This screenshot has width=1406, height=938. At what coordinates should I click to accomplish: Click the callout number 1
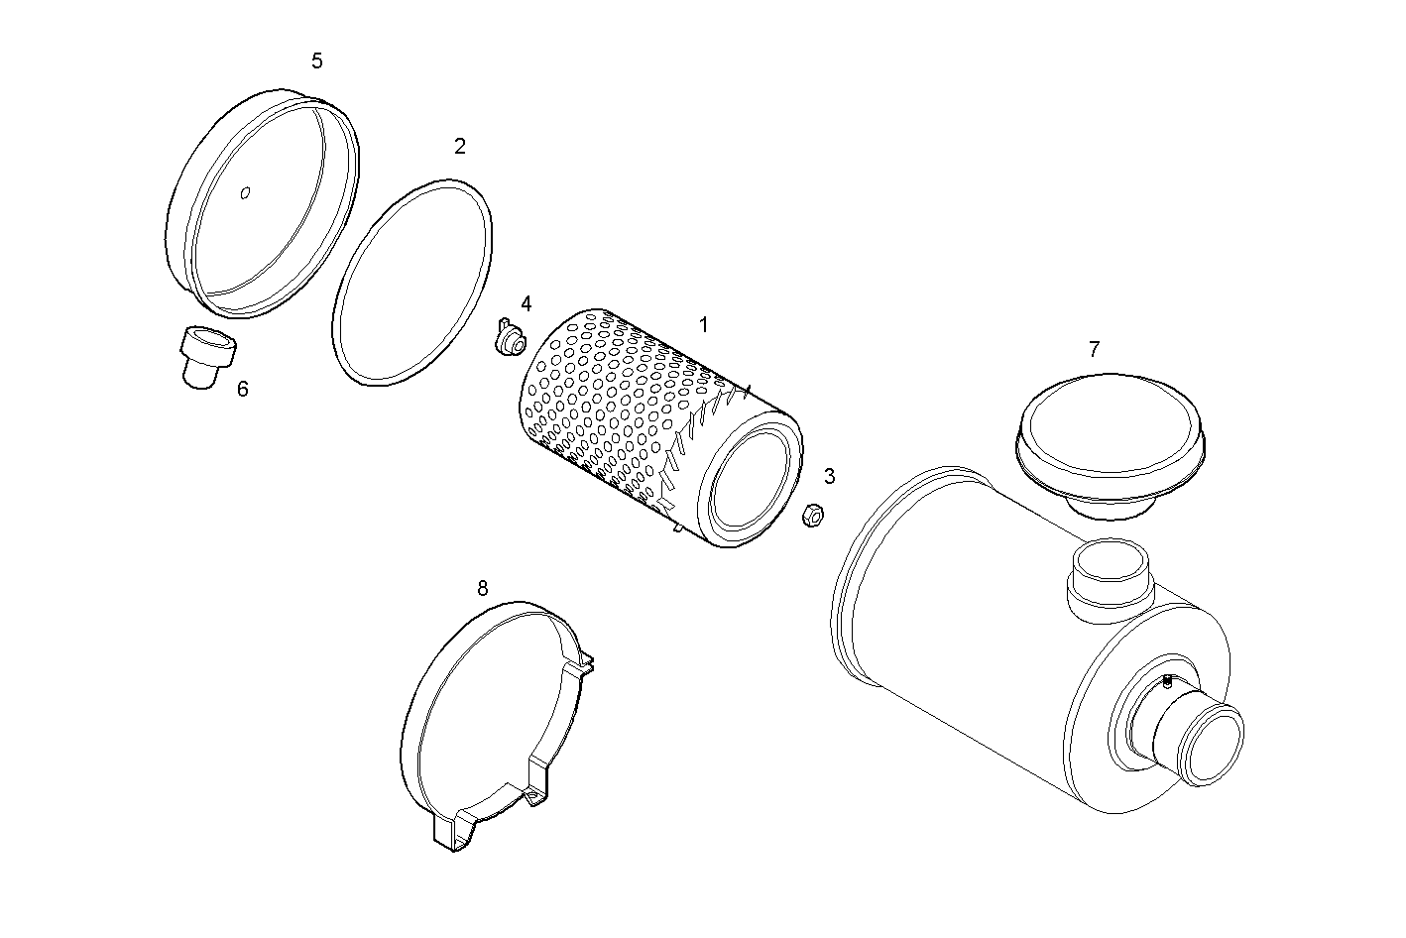703,324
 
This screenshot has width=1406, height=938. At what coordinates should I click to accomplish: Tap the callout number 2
459,146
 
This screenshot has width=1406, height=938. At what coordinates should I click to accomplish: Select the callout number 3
829,476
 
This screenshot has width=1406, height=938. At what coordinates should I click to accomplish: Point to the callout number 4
526,303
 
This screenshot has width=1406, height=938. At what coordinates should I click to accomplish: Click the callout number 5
316,61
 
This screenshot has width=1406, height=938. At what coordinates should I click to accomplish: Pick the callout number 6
242,389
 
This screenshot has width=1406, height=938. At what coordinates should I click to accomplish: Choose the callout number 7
1094,349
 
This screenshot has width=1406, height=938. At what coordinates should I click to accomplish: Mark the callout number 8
482,588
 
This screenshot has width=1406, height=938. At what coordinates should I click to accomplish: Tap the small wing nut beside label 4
511,341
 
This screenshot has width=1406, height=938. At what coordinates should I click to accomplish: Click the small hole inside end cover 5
246,193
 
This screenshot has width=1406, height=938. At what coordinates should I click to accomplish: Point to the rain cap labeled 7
1112,431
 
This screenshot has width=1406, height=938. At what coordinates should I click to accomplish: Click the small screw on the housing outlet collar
1167,680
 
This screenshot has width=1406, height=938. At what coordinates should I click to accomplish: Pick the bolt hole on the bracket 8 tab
535,796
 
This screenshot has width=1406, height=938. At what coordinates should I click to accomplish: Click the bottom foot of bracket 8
452,833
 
